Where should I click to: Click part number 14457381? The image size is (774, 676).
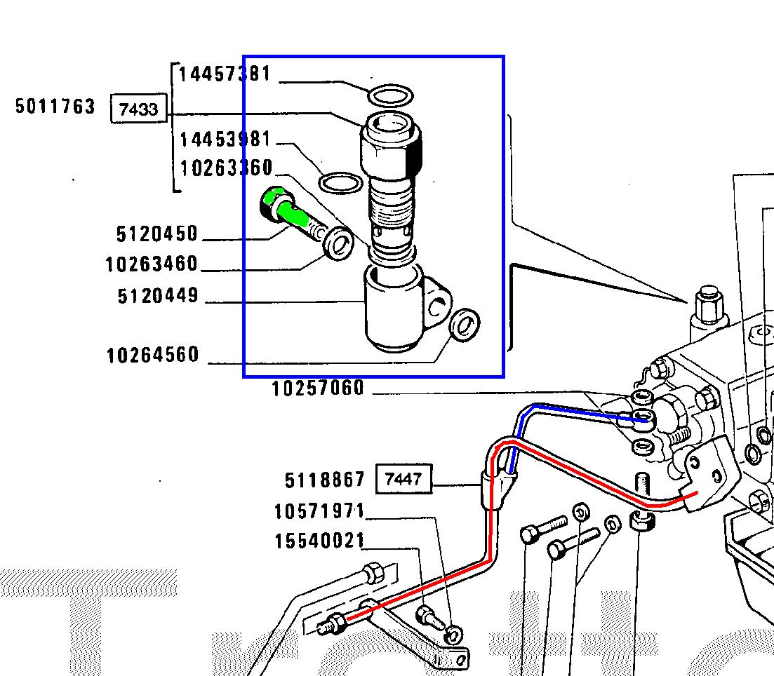225,74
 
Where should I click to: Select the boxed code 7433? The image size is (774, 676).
139,109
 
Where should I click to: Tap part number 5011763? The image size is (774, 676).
55,107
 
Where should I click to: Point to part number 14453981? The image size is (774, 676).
225,139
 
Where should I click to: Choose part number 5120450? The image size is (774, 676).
157,233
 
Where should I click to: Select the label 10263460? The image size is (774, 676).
152,264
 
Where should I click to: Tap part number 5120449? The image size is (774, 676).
158,296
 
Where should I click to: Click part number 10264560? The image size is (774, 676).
152,355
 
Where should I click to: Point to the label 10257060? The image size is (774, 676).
318,388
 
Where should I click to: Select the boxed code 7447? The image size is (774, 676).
403,480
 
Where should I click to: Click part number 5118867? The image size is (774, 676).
324,480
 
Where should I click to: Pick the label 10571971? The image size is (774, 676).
319,512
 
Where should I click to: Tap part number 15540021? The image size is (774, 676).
319,541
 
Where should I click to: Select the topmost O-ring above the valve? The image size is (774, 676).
390,94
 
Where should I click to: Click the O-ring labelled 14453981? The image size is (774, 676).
340,184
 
